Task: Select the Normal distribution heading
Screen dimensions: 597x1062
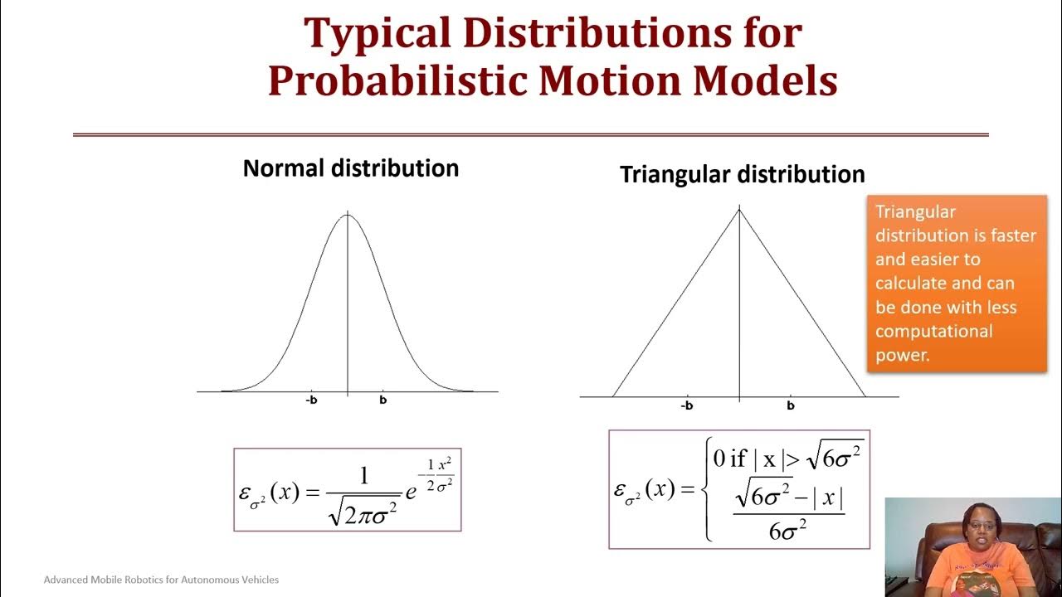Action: pyautogui.click(x=350, y=168)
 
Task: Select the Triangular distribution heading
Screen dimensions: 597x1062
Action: pyautogui.click(x=742, y=175)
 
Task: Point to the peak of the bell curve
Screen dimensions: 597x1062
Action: pyautogui.click(x=348, y=216)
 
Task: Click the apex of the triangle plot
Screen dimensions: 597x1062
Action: pyautogui.click(x=739, y=210)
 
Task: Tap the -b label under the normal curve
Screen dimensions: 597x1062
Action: pyautogui.click(x=311, y=400)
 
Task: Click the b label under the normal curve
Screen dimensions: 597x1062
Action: pyautogui.click(x=383, y=400)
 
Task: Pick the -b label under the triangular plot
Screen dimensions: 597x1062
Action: pyautogui.click(x=686, y=406)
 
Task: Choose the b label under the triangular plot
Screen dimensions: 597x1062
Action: pyautogui.click(x=791, y=406)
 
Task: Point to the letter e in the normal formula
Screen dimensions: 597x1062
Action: pyautogui.click(x=410, y=493)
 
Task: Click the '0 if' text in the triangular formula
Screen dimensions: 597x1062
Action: pyautogui.click(x=731, y=459)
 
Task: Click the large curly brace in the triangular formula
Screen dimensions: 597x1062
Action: pyautogui.click(x=707, y=490)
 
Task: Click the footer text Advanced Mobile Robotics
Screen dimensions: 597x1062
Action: pyautogui.click(x=161, y=580)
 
